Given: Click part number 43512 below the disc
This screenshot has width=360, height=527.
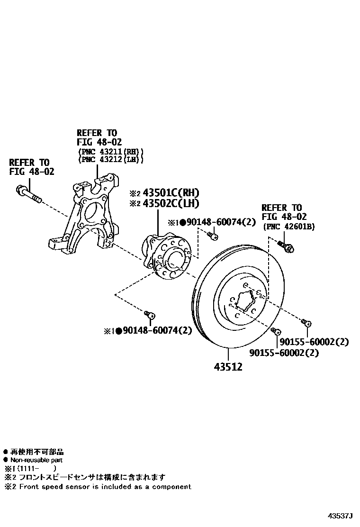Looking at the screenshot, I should pos(229,366).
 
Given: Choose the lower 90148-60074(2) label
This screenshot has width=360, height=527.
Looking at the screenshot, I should pos(156,330).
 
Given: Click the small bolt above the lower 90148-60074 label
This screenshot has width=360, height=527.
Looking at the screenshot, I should pos(149,314).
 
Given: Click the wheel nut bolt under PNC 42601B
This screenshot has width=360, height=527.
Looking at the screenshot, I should pos(287,246).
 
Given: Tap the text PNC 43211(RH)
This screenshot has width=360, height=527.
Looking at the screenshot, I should pos(110,152).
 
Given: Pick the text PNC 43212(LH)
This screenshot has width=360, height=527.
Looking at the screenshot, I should pos(110,159).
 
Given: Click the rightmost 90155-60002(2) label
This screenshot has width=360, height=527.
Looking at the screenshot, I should pos(314,342).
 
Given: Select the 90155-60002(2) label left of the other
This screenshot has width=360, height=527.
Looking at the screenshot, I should pos(284,353).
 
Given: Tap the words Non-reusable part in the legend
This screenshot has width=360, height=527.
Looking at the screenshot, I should pos(36,460).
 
